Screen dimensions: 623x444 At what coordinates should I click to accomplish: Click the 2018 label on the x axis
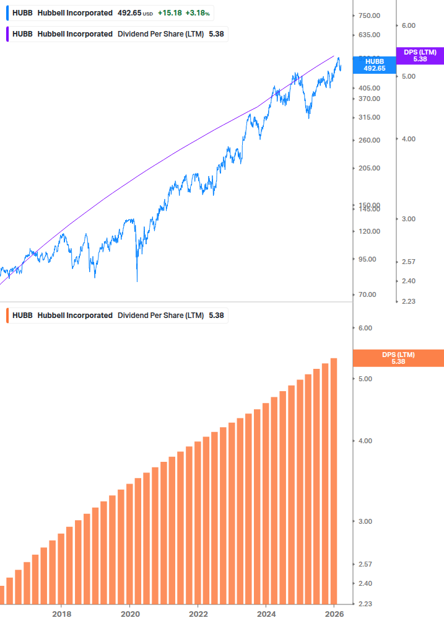pos(61,614)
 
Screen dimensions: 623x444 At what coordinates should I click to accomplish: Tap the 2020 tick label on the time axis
pos(129,614)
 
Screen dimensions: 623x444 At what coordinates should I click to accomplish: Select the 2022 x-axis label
pos(198,614)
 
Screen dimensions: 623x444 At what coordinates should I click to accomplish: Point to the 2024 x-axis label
pos(266,614)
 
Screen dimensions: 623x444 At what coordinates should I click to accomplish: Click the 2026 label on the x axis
pos(334,614)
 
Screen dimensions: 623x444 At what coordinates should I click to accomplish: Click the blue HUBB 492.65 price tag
pos(374,65)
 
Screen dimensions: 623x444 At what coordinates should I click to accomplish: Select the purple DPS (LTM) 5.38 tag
pos(420,56)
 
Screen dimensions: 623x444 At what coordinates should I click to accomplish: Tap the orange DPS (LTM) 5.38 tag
pos(398,358)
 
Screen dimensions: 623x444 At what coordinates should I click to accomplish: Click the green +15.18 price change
pos(169,13)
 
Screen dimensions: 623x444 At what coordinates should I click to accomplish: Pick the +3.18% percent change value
pos(197,13)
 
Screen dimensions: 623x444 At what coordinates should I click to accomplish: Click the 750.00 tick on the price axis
pos(368,15)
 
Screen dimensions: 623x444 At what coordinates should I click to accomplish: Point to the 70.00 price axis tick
pos(368,294)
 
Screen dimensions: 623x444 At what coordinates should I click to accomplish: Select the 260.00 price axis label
pos(368,140)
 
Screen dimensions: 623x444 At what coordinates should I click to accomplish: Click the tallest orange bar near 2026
pos(334,480)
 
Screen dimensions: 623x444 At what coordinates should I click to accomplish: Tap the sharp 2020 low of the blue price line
pos(137,281)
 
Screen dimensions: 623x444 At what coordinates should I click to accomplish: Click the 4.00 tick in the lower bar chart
pos(369,441)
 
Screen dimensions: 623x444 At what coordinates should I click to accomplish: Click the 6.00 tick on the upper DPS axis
pos(408,25)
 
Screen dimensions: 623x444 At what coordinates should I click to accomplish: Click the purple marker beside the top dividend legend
pos(7,34)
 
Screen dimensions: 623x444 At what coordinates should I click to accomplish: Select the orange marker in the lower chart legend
pos(7,316)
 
